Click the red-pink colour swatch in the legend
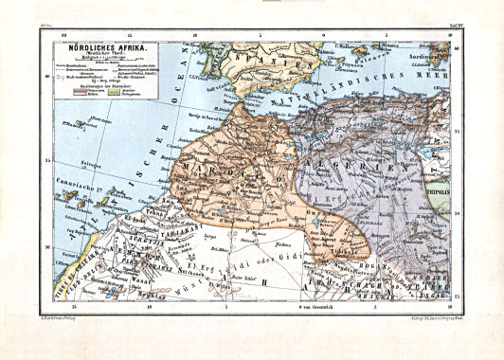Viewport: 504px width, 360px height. pyautogui.click(x=95, y=91)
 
